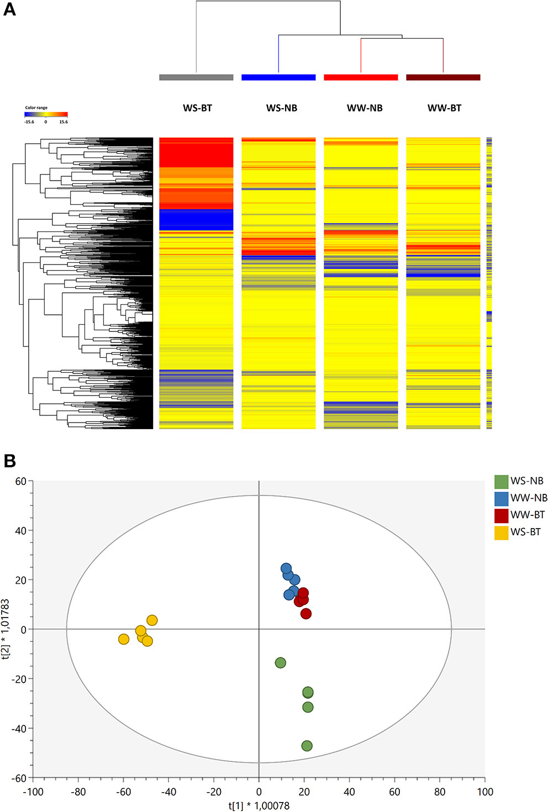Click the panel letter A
pyautogui.click(x=9, y=9)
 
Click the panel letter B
pyautogui.click(x=9, y=461)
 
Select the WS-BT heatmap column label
pyautogui.click(x=197, y=108)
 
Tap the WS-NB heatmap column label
pyautogui.click(x=281, y=108)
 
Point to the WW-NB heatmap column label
pyautogui.click(x=365, y=108)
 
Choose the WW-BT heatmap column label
pyautogui.click(x=444, y=108)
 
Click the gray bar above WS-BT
pyautogui.click(x=196, y=77)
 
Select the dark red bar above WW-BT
pyautogui.click(x=443, y=77)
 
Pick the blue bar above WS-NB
pyautogui.click(x=278, y=77)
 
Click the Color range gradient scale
pyautogui.click(x=46, y=114)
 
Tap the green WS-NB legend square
pyautogui.click(x=501, y=481)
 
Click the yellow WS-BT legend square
pyautogui.click(x=501, y=532)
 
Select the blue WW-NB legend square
pyautogui.click(x=501, y=498)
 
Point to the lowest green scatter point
pyautogui.click(x=307, y=746)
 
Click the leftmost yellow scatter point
pyautogui.click(x=124, y=639)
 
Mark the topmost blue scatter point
pyautogui.click(x=286, y=568)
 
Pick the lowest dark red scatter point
pyautogui.click(x=305, y=614)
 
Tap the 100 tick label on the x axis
pyautogui.click(x=484, y=792)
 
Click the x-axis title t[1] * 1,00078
pyautogui.click(x=259, y=806)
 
